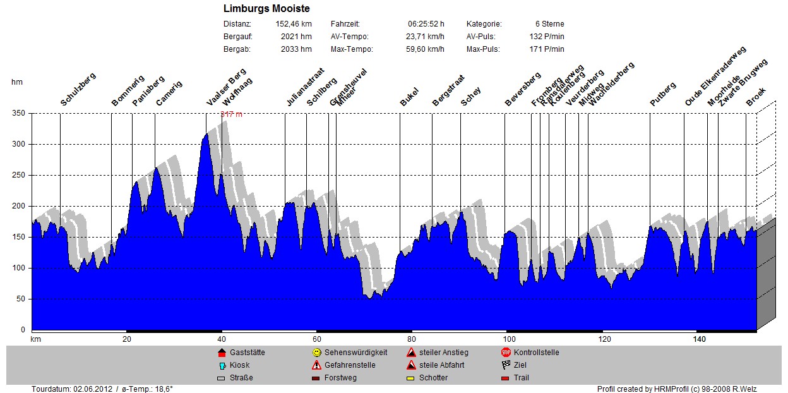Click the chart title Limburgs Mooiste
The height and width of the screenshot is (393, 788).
tap(266, 9)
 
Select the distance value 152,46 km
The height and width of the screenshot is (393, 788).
tap(294, 24)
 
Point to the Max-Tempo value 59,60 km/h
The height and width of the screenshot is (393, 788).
tap(424, 49)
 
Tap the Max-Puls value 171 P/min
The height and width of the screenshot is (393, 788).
tap(547, 49)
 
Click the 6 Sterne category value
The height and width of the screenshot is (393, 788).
tap(549, 24)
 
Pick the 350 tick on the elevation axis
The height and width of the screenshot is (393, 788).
tap(18, 114)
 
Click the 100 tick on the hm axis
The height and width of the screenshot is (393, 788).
tap(18, 268)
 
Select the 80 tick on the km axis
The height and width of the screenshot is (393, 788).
tap(412, 339)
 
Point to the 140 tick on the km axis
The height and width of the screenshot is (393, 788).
tap(698, 339)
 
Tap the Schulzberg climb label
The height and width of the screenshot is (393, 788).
tap(78, 89)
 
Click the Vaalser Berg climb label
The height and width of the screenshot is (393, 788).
tap(226, 87)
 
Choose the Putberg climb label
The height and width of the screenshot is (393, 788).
tap(663, 94)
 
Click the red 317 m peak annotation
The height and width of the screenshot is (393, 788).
tap(231, 114)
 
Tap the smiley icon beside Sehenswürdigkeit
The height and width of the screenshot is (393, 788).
tap(317, 353)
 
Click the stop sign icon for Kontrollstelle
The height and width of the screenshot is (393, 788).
tap(506, 353)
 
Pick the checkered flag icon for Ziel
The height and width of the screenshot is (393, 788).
tap(506, 365)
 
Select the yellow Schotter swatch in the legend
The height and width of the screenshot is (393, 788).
tap(411, 378)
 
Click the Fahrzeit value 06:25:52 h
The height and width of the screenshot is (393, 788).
tap(426, 24)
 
